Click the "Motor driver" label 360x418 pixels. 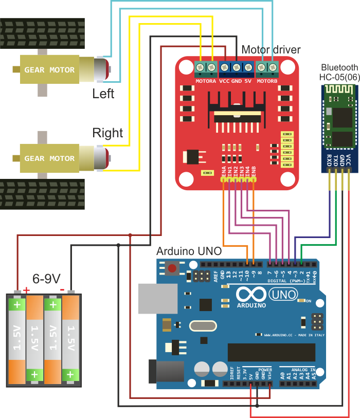tap(271, 49)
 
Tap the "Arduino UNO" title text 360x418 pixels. tap(189, 251)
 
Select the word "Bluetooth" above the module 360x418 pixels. tap(339, 67)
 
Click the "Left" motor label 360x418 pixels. tap(103, 94)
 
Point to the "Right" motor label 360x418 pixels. tap(107, 133)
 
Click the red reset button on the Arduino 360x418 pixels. tap(173, 268)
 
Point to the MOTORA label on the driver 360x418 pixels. tap(206, 81)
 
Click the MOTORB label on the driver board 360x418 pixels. tap(267, 81)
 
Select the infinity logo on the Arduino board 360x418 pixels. tap(251, 295)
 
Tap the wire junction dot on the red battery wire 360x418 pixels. tap(131, 235)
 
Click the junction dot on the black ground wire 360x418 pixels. tap(119, 245)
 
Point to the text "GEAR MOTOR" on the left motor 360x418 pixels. tap(49, 70)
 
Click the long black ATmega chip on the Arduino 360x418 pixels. tap(271, 352)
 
